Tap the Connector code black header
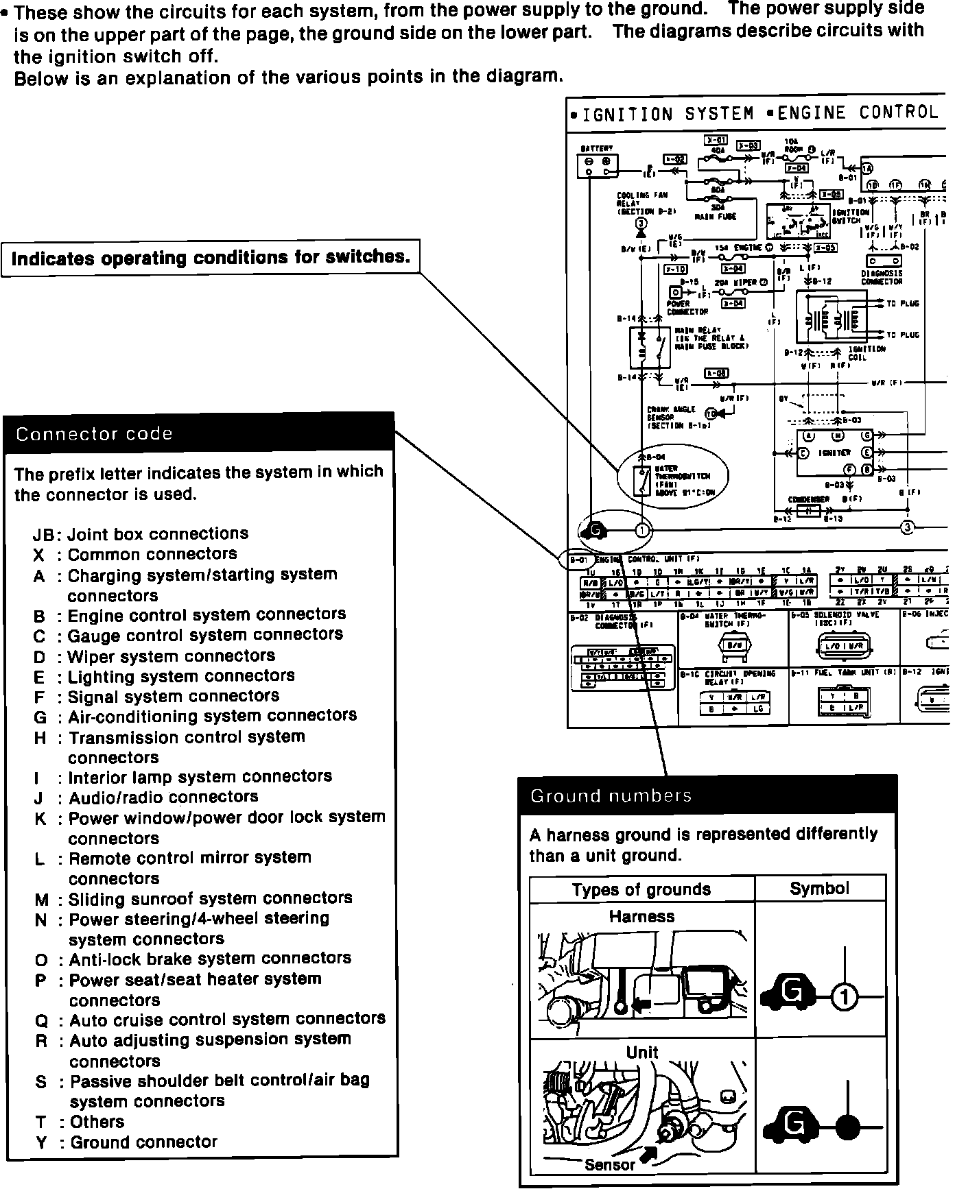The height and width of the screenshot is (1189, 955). click(199, 433)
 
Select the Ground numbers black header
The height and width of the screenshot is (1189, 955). click(707, 796)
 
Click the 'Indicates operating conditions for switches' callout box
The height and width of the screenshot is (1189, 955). click(211, 258)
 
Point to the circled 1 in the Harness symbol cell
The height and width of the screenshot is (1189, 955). click(845, 997)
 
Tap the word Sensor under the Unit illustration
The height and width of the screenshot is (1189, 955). click(610, 1165)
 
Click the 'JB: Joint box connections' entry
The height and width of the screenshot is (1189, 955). click(140, 534)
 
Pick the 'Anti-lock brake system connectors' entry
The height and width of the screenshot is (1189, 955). click(192, 959)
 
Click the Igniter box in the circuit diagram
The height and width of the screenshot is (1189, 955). click(834, 453)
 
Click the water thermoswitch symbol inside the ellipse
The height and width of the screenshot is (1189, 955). click(642, 481)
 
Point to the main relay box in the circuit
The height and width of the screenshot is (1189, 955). click(650, 348)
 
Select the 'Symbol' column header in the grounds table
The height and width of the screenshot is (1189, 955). click(819, 889)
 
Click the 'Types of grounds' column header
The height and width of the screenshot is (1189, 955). click(641, 889)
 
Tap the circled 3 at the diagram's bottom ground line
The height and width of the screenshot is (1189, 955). click(907, 527)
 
